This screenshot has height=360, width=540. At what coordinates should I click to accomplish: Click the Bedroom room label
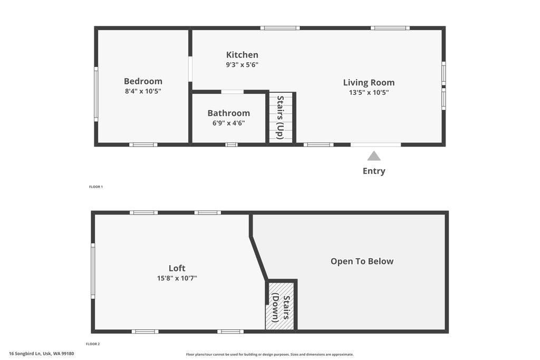coord(143,81)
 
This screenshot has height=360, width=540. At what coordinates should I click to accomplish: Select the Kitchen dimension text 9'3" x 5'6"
coord(242,65)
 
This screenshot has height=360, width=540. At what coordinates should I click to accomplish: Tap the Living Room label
coord(369,82)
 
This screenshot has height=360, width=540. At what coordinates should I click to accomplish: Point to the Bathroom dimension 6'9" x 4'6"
coord(228,123)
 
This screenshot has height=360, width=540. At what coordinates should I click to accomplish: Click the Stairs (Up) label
coord(280,117)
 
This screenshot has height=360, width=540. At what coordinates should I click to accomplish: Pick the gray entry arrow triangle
coord(374,156)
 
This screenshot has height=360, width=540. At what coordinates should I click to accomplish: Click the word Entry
coord(374,171)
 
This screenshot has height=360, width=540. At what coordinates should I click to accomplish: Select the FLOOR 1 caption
coord(95,187)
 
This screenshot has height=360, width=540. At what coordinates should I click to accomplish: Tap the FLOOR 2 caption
coord(93,344)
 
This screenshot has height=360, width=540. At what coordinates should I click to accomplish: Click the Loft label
coord(177,268)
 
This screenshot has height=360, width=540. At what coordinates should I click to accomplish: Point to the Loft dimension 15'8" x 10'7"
coord(177,278)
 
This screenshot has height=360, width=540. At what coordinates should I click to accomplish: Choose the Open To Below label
coord(362,261)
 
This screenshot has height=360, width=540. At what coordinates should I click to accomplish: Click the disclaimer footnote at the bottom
coord(269,355)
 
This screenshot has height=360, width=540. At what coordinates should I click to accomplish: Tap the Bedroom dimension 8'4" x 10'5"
coord(143,91)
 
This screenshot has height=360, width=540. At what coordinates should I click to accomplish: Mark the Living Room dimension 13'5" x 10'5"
coord(369,92)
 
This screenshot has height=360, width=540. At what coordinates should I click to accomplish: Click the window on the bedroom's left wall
coord(96,94)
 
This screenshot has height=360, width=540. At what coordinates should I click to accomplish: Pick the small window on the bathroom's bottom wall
coord(231,144)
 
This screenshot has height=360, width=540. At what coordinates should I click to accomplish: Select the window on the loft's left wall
coord(93,270)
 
